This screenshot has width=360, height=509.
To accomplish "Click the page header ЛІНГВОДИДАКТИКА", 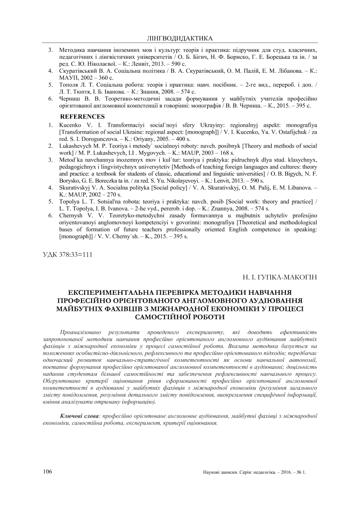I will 180,38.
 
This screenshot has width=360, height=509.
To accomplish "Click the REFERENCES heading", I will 82,116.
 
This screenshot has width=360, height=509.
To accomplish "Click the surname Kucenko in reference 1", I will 70,125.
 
